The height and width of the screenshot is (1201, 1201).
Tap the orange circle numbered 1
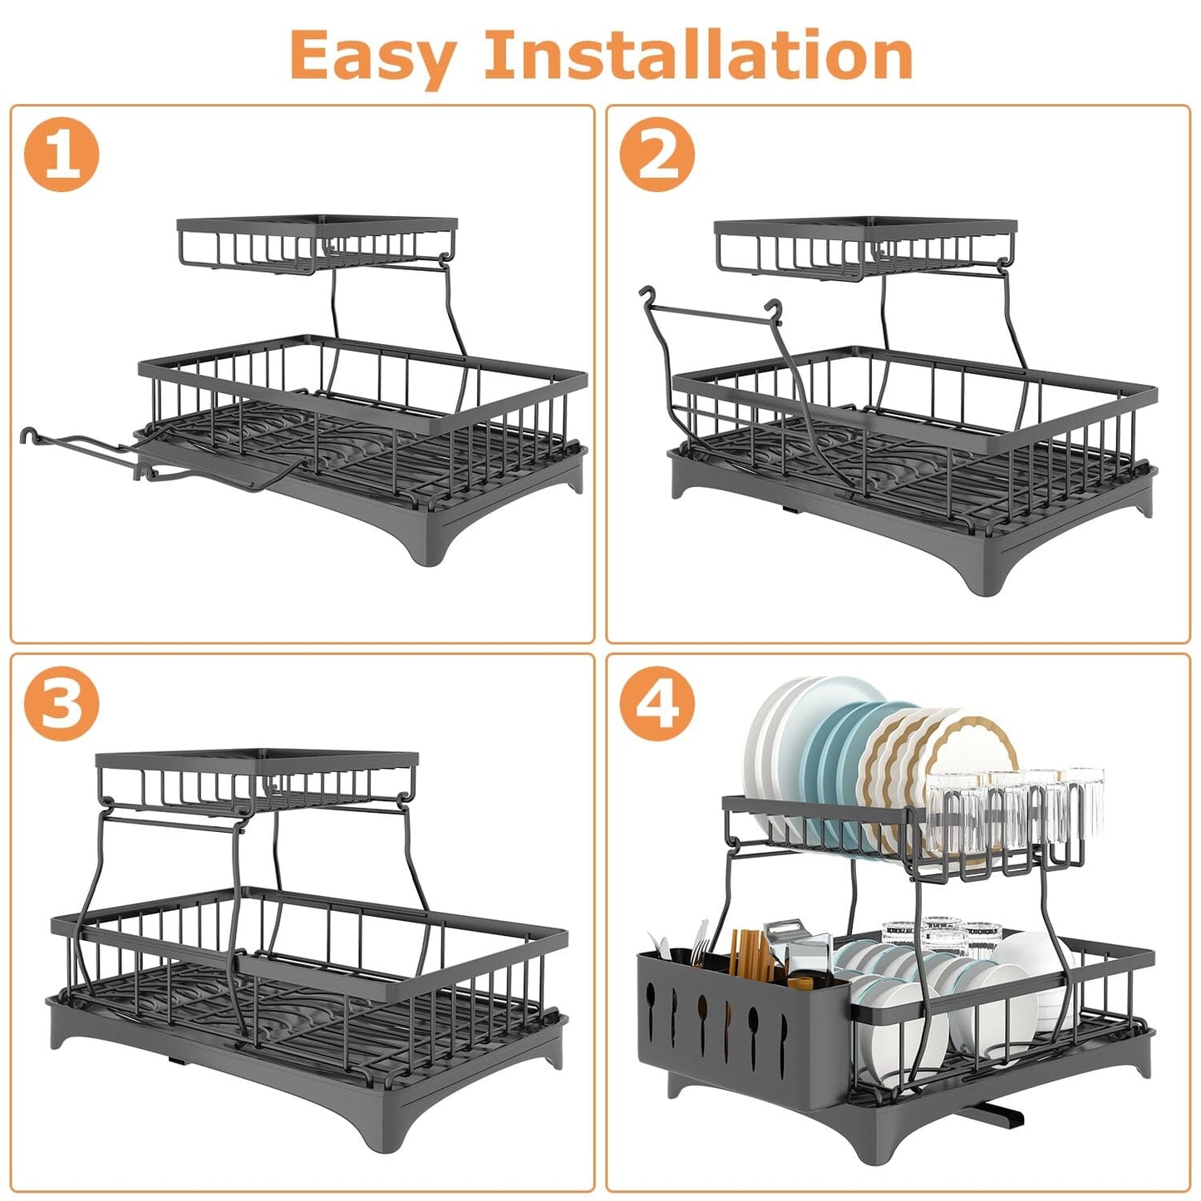[x=62, y=154]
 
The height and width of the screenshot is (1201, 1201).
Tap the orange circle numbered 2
[x=657, y=154]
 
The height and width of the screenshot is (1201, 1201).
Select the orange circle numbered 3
[x=62, y=703]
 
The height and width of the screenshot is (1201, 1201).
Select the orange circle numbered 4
[x=657, y=703]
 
